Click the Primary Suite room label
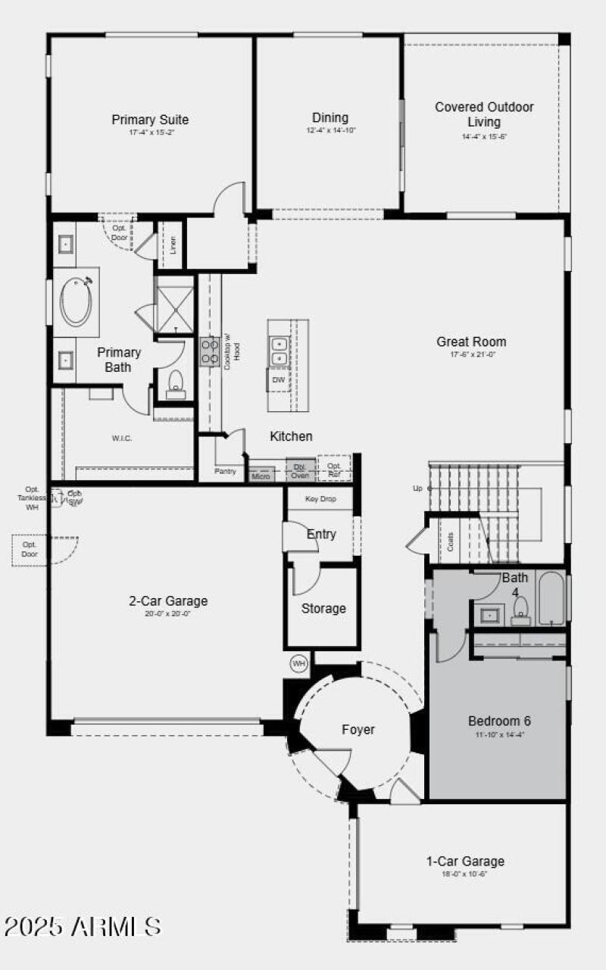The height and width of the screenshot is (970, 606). [x=150, y=120]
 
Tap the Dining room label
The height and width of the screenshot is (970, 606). [x=330, y=118]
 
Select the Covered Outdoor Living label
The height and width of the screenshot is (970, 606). [x=484, y=114]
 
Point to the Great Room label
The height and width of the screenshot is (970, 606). [x=471, y=342]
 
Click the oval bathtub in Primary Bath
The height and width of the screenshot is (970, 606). [x=76, y=301]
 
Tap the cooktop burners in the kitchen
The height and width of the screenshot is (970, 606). [x=210, y=352]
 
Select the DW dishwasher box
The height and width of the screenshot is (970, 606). [x=279, y=380]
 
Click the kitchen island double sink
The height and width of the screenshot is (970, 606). [x=280, y=350]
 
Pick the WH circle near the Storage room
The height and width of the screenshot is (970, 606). [x=299, y=664]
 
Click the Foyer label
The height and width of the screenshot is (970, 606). [x=358, y=730]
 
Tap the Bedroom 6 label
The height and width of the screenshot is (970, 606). [x=499, y=720]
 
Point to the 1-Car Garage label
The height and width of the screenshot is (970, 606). [x=465, y=861]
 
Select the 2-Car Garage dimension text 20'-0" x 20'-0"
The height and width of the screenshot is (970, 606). [x=167, y=614]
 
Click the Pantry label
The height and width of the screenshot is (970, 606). [x=224, y=471]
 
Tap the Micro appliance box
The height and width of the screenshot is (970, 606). [x=261, y=476]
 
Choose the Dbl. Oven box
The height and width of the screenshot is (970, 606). [x=300, y=470]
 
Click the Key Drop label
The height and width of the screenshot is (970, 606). [x=320, y=499]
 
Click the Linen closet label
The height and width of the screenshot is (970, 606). [x=173, y=245]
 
